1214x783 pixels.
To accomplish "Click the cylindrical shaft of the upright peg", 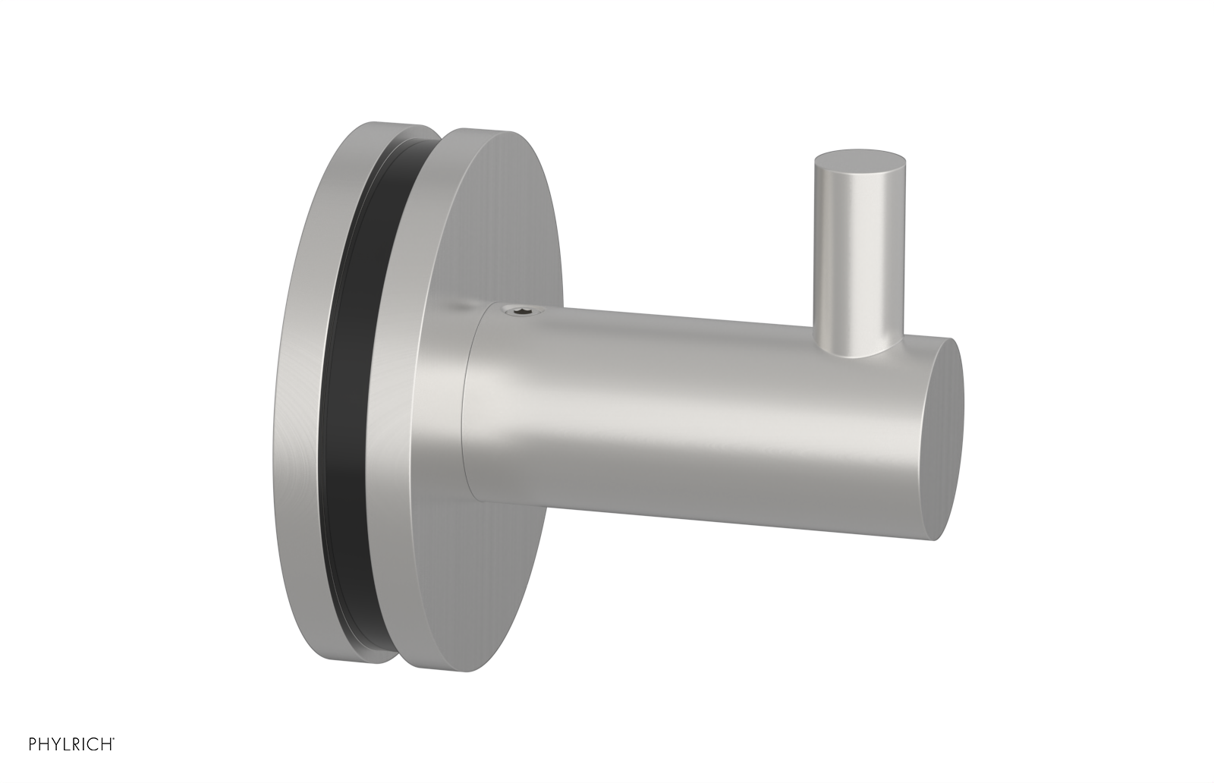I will tap(856, 250).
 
